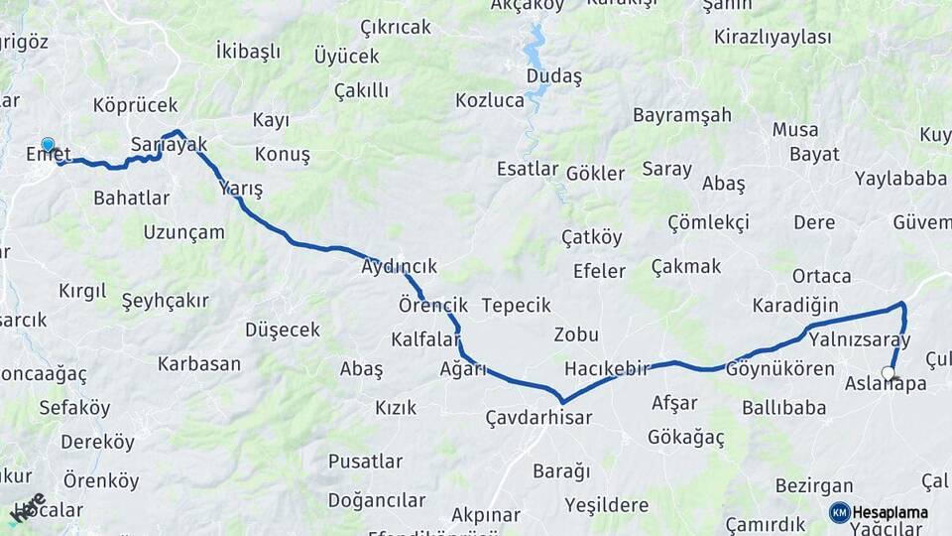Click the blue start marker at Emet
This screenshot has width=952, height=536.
pos(48,145)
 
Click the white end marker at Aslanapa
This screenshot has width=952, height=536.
pos(888,373)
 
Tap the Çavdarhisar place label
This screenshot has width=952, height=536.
pos(538,417)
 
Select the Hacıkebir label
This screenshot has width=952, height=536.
pos(606,368)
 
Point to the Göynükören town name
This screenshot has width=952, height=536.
pos(779,368)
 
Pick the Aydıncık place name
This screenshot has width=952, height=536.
pos(399,267)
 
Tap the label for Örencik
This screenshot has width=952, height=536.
pos(432,304)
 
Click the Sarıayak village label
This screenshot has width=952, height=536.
pos(169,145)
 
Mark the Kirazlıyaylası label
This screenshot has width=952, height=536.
pos(772,37)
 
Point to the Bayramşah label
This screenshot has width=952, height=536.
pos(682,114)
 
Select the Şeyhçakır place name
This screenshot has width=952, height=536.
pos(165,299)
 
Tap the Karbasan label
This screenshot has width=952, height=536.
pos(198,363)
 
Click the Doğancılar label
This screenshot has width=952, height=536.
pos(377,499)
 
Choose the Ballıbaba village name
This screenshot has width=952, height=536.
pos(783,407)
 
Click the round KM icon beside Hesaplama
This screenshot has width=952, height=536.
pos(839,512)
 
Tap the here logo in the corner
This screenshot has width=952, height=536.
pos(27,508)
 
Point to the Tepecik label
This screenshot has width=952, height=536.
pos(516,305)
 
